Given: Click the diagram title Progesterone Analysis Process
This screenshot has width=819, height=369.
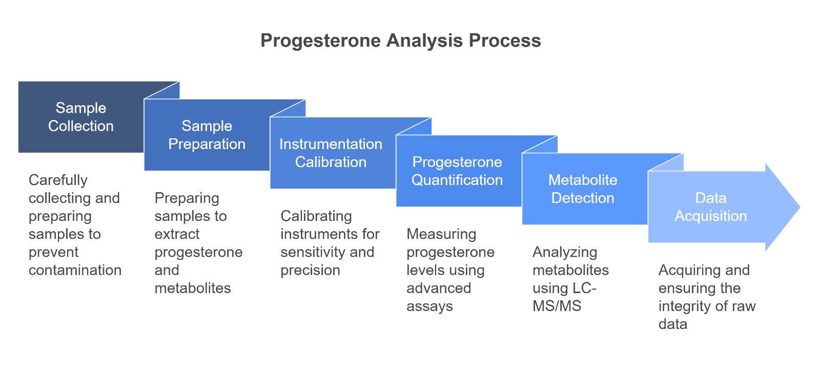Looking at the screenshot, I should pyautogui.click(x=400, y=40).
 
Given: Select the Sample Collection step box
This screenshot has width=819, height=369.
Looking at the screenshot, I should pyautogui.click(x=81, y=117).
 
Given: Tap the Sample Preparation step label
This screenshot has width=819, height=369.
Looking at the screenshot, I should pyautogui.click(x=207, y=135).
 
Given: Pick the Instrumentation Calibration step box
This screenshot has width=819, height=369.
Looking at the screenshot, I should pyautogui.click(x=331, y=153).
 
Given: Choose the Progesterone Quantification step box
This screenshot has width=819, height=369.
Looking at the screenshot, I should pyautogui.click(x=457, y=171).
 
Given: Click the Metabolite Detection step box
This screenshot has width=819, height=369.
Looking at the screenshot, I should pyautogui.click(x=583, y=189).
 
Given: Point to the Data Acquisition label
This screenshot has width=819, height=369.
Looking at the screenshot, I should pyautogui.click(x=710, y=207).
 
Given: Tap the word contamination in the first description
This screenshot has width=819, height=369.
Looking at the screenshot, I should pyautogui.click(x=75, y=270).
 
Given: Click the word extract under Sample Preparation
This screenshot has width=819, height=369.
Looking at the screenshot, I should pyautogui.click(x=177, y=234).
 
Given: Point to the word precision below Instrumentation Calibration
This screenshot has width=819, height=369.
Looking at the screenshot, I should pyautogui.click(x=310, y=270).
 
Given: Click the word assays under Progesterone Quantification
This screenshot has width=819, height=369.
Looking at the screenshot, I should pyautogui.click(x=429, y=306).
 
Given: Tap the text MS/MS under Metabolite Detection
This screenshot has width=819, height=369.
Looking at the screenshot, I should pyautogui.click(x=557, y=306).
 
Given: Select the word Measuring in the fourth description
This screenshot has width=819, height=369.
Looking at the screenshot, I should pyautogui.click(x=441, y=234).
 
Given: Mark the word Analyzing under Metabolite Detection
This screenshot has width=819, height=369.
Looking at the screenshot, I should pyautogui.click(x=564, y=252).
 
